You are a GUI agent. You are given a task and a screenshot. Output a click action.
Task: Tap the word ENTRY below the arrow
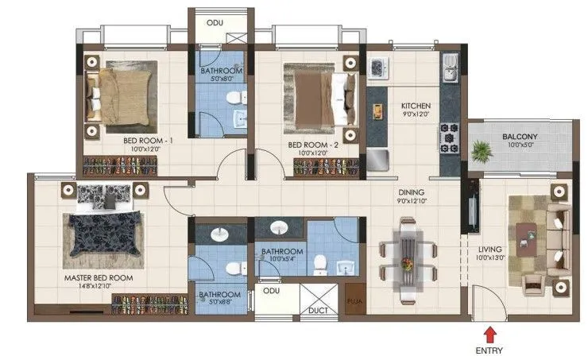(x=489, y=350)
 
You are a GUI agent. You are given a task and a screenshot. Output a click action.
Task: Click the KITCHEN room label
(x=416, y=106)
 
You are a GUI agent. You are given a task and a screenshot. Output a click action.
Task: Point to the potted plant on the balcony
(x=482, y=149)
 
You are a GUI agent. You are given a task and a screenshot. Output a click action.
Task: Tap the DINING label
(x=412, y=192)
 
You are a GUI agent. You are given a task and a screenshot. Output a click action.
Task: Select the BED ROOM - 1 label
(x=144, y=140)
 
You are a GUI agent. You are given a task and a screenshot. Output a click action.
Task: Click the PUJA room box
(x=355, y=302)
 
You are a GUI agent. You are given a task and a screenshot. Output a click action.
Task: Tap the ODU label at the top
(x=215, y=22)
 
